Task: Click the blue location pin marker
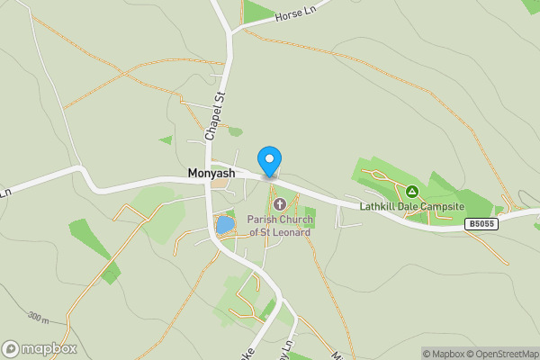coord(269,160)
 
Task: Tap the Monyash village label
coord(211,173)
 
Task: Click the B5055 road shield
coord(481,223)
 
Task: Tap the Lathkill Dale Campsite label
coord(410,205)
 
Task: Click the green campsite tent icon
coord(411,191)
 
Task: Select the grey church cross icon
coord(279,205)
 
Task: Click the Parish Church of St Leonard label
coord(280,226)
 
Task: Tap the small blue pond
coord(225,224)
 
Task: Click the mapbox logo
coord(39,348)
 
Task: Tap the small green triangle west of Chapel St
coord(166,139)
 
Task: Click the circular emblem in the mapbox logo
coord(11,348)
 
